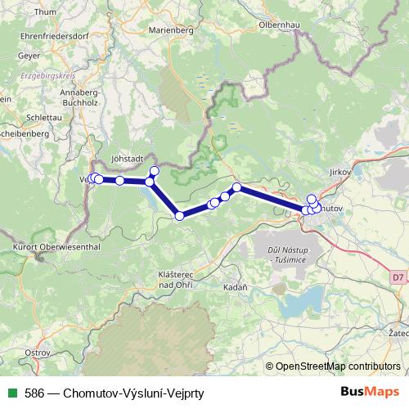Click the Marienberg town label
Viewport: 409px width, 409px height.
click(170, 30)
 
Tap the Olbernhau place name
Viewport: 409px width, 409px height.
click(281, 25)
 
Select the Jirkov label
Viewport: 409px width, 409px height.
click(338, 173)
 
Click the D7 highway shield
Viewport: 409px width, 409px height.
click(397, 277)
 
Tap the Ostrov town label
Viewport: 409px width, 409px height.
click(38, 352)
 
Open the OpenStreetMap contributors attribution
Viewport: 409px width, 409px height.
click(338, 366)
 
